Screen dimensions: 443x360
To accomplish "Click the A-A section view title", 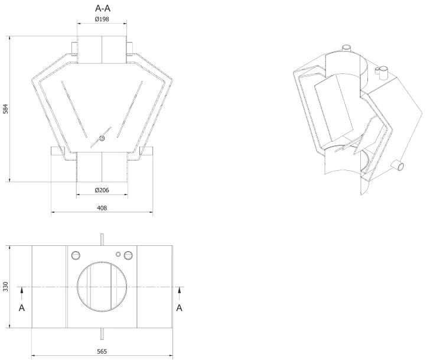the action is click(x=103, y=8).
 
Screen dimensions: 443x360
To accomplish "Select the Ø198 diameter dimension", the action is click(x=102, y=20).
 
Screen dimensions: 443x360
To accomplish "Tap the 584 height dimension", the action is click(x=6, y=109).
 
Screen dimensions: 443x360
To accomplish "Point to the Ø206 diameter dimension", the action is click(x=102, y=190).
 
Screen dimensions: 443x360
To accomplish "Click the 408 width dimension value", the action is click(x=102, y=208).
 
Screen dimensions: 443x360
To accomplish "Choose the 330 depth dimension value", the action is click(x=6, y=287).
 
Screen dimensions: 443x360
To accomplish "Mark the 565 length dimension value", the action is click(x=102, y=352).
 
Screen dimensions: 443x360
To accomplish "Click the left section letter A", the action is click(x=22, y=307).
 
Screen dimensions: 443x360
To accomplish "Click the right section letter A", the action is click(x=180, y=307).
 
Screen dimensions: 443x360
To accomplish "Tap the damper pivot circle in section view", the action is click(x=102, y=138).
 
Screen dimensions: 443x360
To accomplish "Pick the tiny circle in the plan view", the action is click(x=118, y=254).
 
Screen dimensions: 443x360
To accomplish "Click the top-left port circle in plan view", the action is click(x=76, y=255).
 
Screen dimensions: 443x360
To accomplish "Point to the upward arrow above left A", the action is click(x=22, y=293).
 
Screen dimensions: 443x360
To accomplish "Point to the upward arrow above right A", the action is click(x=179, y=293).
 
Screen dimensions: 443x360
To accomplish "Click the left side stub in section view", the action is click(x=57, y=151).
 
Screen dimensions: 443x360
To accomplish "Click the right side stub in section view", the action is click(x=146, y=151).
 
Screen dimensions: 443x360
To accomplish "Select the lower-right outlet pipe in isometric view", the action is click(x=398, y=165).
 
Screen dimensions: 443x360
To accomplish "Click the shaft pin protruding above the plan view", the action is click(x=102, y=239).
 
